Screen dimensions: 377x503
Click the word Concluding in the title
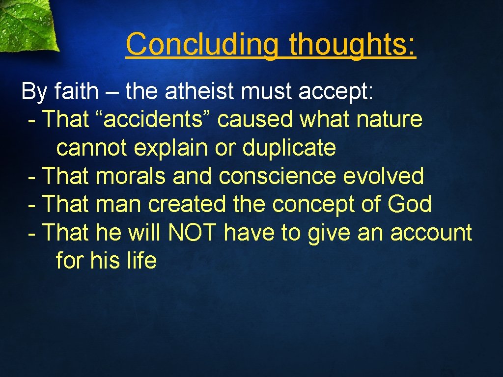pyautogui.click(x=201, y=44)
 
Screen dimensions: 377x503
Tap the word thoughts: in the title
pyautogui.click(x=352, y=44)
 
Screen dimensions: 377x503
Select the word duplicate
pyautogui.click(x=289, y=148)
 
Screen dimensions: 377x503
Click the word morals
pyautogui.click(x=131, y=176)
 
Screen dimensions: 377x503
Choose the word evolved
pyautogui.click(x=383, y=176)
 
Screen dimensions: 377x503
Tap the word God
pyautogui.click(x=409, y=204)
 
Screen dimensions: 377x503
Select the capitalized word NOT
pyautogui.click(x=192, y=233)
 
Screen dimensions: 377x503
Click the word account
pyautogui.click(x=431, y=233)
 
